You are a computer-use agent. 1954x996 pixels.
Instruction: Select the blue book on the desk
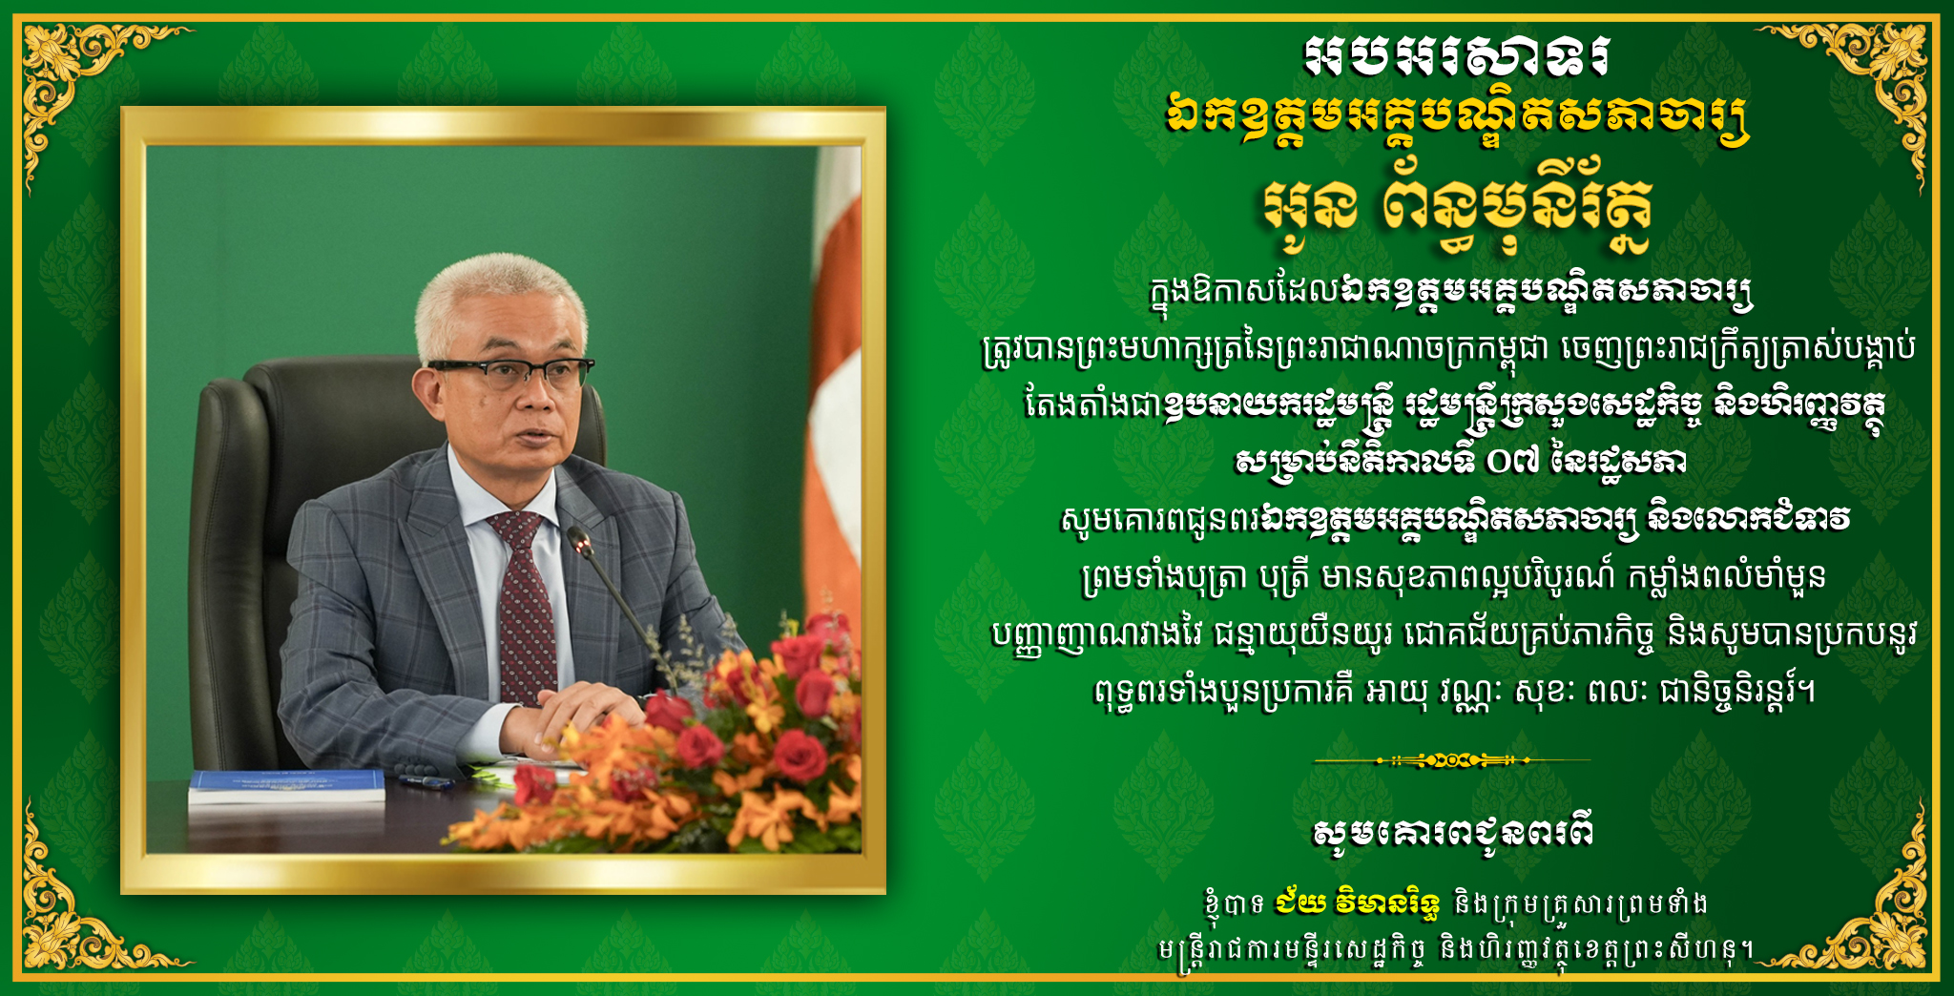286,787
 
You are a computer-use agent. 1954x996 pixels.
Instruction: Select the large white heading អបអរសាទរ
1457,59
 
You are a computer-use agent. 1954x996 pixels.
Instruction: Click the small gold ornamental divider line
1452,760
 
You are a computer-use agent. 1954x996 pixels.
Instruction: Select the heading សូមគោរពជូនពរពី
1452,833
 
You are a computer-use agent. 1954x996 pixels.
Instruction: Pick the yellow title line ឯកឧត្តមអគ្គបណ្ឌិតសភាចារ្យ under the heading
1457,120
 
